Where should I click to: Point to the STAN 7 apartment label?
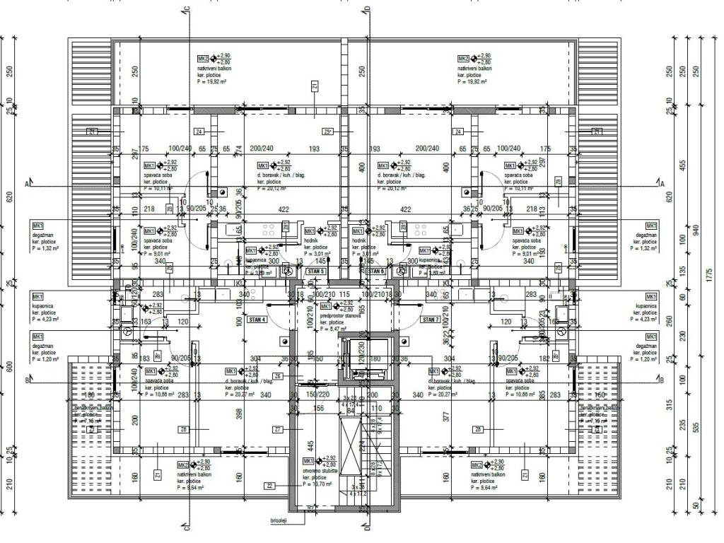coord(431,320)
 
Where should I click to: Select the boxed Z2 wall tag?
coord(270,486)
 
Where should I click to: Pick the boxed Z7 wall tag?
coord(278,429)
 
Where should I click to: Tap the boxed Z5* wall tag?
coord(327,132)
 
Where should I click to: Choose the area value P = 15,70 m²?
coord(317,484)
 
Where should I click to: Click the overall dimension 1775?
coord(710,275)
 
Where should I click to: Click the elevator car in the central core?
coord(354,361)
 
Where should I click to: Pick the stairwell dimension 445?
coord(309,445)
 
